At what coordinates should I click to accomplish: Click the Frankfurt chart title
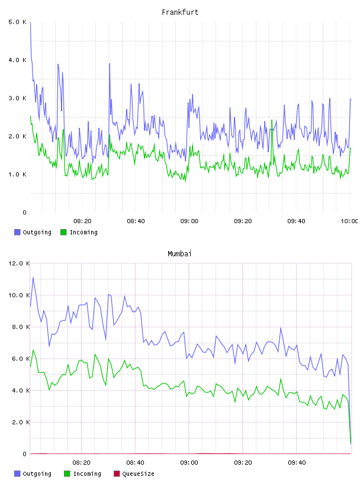click(x=180, y=12)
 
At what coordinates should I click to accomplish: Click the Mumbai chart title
click(x=179, y=254)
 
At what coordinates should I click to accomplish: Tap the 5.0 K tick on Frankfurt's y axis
click(x=18, y=22)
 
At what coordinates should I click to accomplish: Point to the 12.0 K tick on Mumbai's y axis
click(x=19, y=263)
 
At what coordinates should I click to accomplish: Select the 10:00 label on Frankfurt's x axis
click(x=349, y=221)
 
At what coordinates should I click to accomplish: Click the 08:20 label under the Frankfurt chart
click(x=82, y=221)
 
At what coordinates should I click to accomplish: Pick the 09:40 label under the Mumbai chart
click(x=297, y=463)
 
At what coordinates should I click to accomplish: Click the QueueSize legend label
click(x=138, y=474)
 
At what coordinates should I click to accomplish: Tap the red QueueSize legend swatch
click(x=117, y=474)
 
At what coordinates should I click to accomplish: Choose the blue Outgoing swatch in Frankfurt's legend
click(x=17, y=232)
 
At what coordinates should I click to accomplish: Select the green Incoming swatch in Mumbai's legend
click(x=67, y=474)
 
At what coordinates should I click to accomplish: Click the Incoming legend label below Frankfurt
click(x=83, y=232)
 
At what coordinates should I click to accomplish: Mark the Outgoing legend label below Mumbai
click(x=37, y=474)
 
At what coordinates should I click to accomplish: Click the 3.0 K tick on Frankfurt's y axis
click(x=18, y=98)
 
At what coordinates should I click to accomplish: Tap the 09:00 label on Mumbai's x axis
click(x=189, y=463)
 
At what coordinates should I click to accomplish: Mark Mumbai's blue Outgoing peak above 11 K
click(x=33, y=278)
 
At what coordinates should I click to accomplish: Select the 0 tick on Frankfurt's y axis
click(x=25, y=212)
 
